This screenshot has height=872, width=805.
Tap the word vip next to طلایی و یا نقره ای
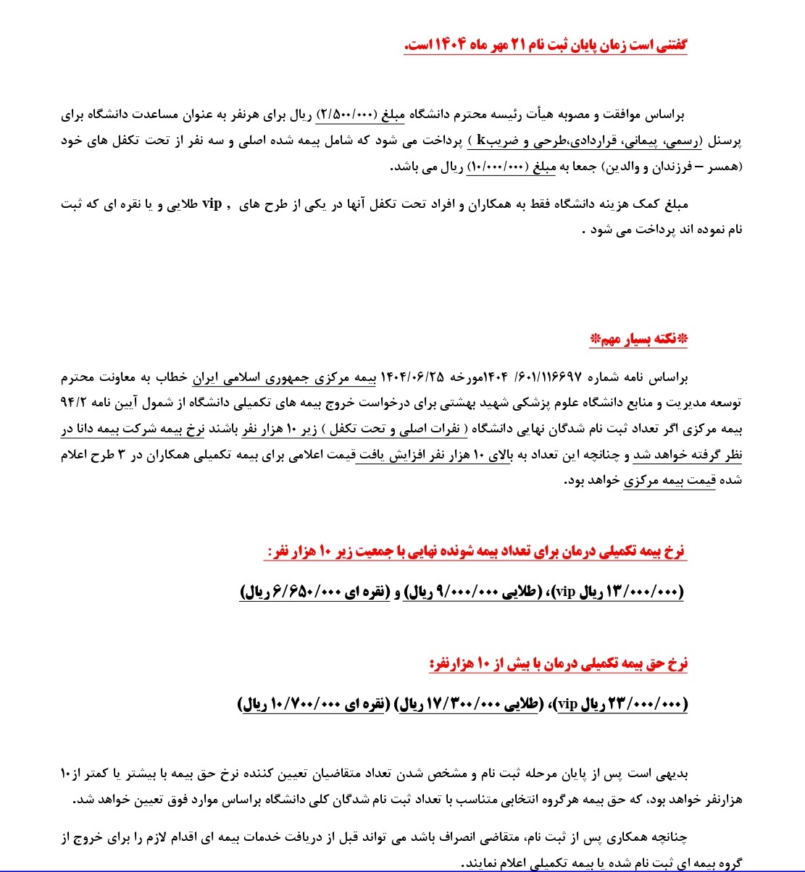[x=212, y=204]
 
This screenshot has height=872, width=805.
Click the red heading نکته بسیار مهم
[x=638, y=339]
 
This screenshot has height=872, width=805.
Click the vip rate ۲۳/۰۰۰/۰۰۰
[x=643, y=703]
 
